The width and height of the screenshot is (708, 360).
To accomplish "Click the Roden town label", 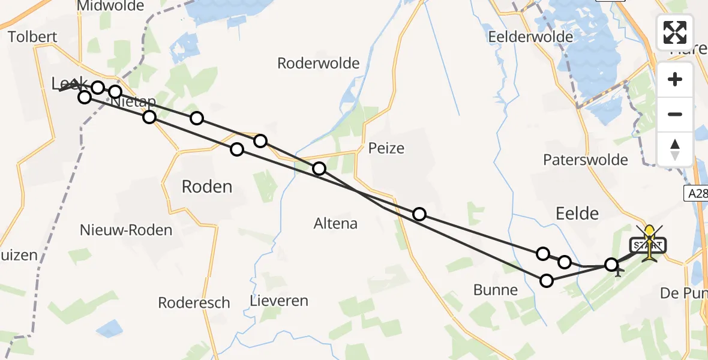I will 206,187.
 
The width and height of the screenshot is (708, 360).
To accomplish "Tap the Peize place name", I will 386,148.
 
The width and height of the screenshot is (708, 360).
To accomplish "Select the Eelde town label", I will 577,213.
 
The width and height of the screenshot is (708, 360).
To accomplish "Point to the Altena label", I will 335,224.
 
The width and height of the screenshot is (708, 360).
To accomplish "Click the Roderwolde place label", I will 318,63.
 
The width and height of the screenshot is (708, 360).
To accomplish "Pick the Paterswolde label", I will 585,160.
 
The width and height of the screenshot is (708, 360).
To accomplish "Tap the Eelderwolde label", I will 530,37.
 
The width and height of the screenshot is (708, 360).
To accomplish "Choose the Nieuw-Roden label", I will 126,230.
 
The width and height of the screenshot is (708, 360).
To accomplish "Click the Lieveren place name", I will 280,301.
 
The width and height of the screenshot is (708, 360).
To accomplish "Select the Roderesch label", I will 194,302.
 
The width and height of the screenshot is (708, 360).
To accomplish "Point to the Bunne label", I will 495,290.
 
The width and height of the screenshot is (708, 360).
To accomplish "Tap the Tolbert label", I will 32,37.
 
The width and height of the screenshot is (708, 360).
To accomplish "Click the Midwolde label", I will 110,6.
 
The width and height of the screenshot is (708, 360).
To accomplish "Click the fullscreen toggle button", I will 675,32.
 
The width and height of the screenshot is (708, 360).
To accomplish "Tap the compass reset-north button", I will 675,149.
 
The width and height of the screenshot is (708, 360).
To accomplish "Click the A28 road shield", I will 696,193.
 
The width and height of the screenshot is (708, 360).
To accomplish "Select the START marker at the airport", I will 648,245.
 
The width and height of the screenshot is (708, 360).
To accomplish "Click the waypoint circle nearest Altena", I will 319,169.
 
